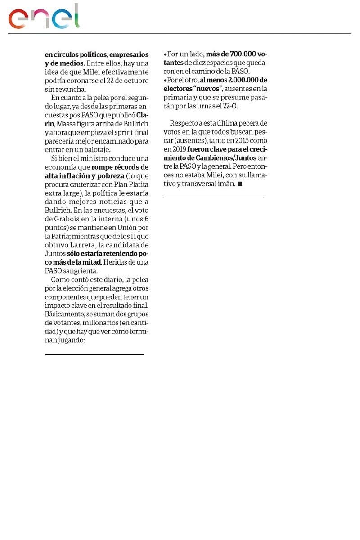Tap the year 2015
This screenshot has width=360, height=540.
230,140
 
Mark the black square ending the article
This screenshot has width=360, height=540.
240,184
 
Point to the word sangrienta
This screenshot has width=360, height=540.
81,271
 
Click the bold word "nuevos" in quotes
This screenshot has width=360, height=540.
207,89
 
